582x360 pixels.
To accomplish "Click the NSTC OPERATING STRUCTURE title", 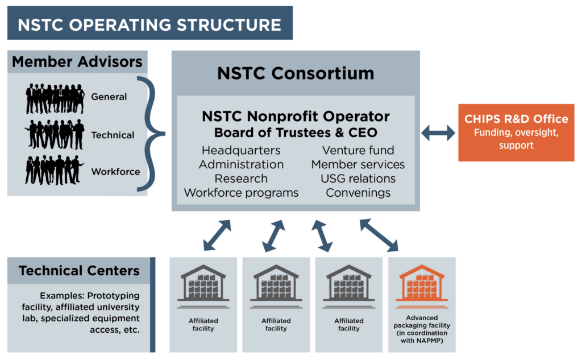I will pyautogui.click(x=149, y=25).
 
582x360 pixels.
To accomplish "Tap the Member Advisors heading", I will pyautogui.click(x=77, y=62).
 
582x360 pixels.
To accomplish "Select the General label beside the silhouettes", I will pyautogui.click(x=109, y=97).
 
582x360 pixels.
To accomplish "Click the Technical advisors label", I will pyautogui.click(x=113, y=135).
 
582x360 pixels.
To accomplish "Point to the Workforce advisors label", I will pyautogui.click(x=115, y=171).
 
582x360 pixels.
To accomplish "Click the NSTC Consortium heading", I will pyautogui.click(x=296, y=73).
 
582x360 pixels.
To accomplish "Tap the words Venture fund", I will pyautogui.click(x=358, y=151).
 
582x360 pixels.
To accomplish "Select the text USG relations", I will pyautogui.click(x=358, y=179).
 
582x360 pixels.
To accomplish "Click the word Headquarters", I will pyautogui.click(x=241, y=151).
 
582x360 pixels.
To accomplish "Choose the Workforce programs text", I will pyautogui.click(x=241, y=193).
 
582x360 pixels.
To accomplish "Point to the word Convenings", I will pyautogui.click(x=358, y=193).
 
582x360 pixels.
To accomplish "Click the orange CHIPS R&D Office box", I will pyautogui.click(x=516, y=132).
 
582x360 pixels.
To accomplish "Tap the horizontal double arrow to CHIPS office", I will pyautogui.click(x=438, y=133).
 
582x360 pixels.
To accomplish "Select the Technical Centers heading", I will pyautogui.click(x=79, y=271).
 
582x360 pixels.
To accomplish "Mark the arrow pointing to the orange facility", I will pyautogui.click(x=379, y=234).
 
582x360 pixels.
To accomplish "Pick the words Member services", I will pyautogui.click(x=358, y=165).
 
